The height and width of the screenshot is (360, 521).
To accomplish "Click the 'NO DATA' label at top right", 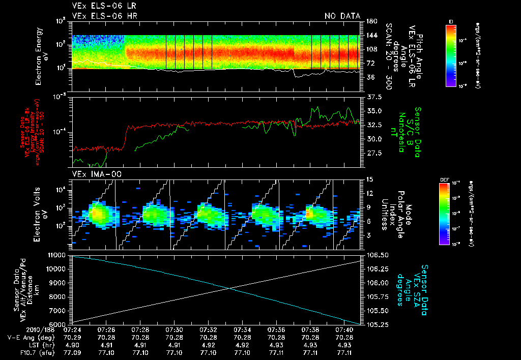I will point(342,16).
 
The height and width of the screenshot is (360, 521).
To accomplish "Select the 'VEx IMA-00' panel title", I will point(92,174).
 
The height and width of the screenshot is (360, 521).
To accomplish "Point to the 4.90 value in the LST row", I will point(72,345).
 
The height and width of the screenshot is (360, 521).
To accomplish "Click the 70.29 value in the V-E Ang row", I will point(72,338).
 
